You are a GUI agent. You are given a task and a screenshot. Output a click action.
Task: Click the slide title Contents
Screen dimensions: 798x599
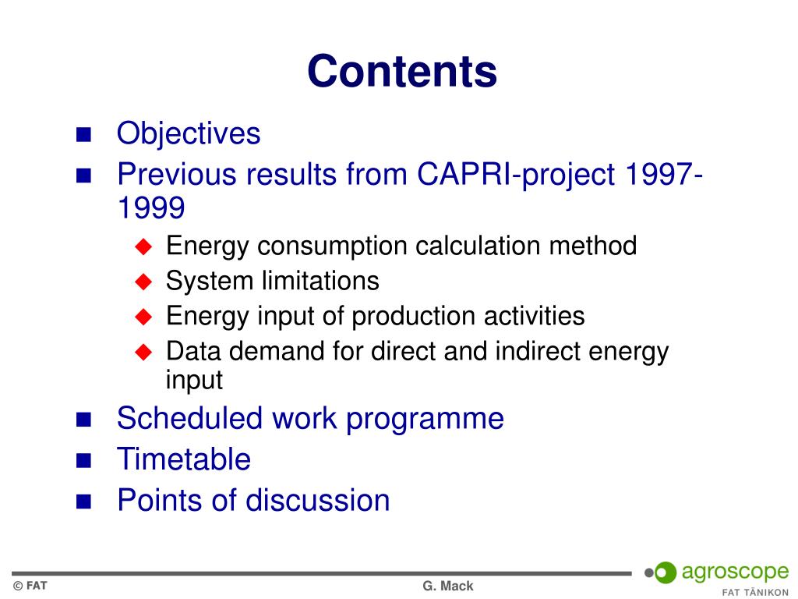click(402, 71)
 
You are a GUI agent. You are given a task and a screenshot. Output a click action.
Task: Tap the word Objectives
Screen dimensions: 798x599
click(189, 134)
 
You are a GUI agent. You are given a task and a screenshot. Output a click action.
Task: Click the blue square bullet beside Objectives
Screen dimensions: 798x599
click(83, 134)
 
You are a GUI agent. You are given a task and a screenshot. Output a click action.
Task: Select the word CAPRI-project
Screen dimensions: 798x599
click(516, 175)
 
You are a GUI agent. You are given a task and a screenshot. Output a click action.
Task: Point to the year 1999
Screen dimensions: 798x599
click(151, 207)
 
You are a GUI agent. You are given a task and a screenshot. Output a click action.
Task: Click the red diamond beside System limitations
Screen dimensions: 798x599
click(143, 281)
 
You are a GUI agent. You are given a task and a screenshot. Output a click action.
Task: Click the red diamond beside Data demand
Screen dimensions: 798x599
click(143, 352)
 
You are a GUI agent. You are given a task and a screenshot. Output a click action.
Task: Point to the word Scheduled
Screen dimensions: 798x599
click(189, 419)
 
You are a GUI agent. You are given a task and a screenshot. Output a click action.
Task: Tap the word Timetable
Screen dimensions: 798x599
click(184, 459)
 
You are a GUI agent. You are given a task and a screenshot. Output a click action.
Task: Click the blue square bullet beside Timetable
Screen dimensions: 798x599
click(83, 460)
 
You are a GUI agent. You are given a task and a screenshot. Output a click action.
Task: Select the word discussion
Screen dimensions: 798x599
click(318, 500)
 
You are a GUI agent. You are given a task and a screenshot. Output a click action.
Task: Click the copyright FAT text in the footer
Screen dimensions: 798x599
click(30, 586)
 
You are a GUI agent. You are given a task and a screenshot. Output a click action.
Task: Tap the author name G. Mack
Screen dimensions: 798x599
click(448, 587)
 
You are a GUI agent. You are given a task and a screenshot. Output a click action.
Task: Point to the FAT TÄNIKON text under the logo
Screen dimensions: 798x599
click(755, 593)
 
